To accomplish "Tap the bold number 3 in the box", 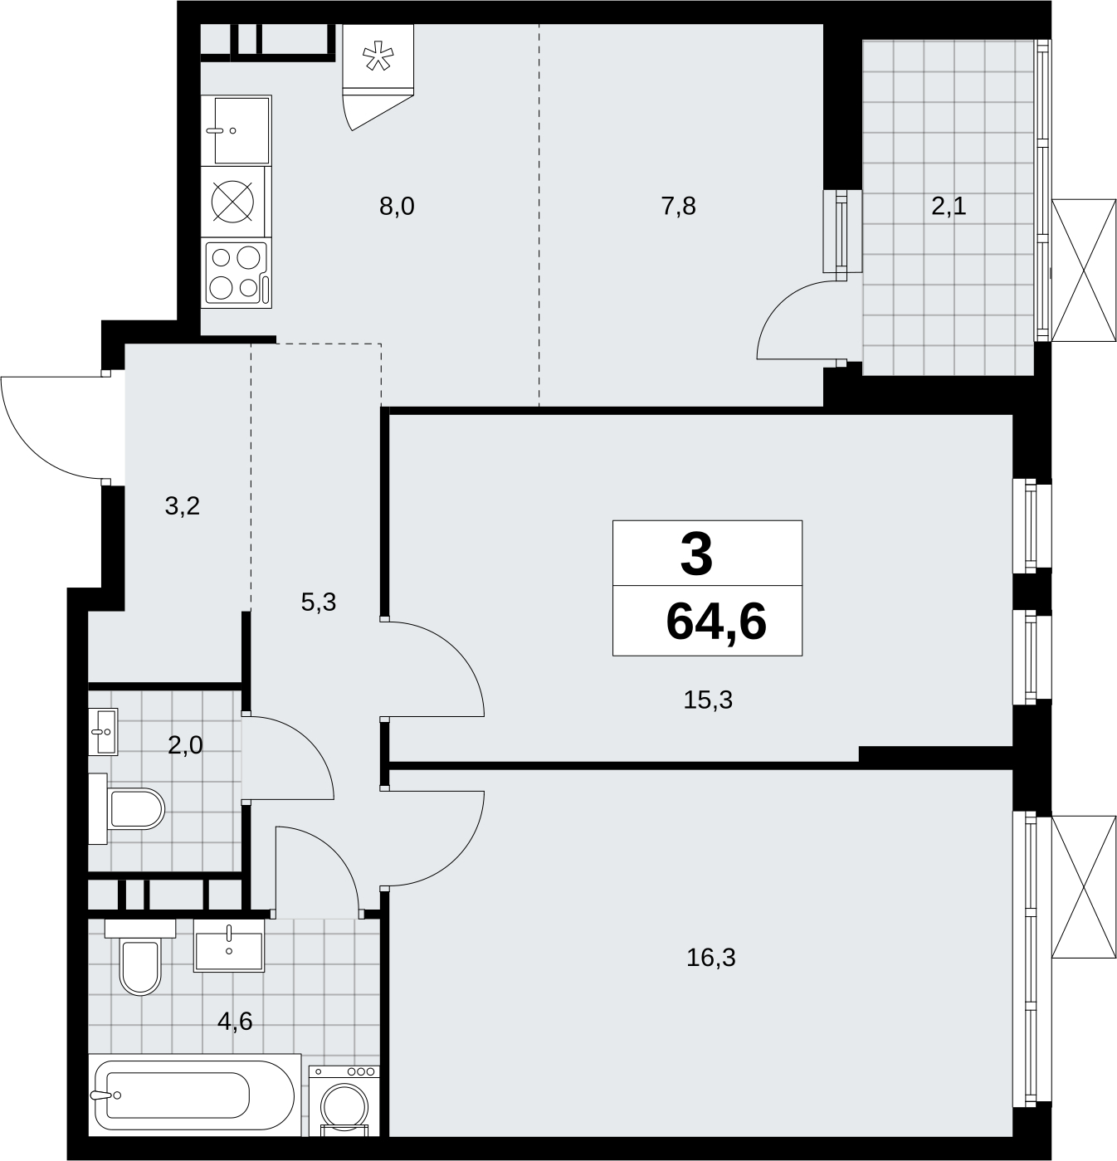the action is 696,555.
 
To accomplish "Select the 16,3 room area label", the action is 710,959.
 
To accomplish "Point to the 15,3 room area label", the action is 708,700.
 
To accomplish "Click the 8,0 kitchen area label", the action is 397,207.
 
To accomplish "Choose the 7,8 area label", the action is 679,207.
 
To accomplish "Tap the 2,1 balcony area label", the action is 949,207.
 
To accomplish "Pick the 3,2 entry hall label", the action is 182,506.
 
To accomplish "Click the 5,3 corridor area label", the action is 319,602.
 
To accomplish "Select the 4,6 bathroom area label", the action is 235,1022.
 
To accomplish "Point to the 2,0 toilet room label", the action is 186,745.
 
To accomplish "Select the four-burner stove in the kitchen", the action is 237,273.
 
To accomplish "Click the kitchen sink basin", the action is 237,130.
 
